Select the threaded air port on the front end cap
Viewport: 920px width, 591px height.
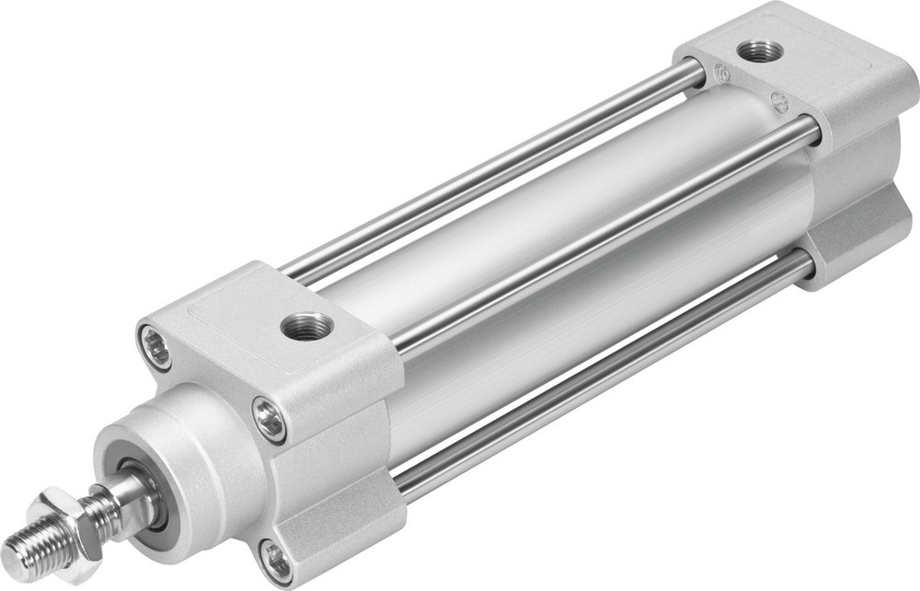pos(307,325)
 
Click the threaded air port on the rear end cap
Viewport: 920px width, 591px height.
pos(760,51)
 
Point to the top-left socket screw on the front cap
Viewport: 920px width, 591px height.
pos(154,347)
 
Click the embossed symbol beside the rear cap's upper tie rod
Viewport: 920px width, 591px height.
pos(720,70)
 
